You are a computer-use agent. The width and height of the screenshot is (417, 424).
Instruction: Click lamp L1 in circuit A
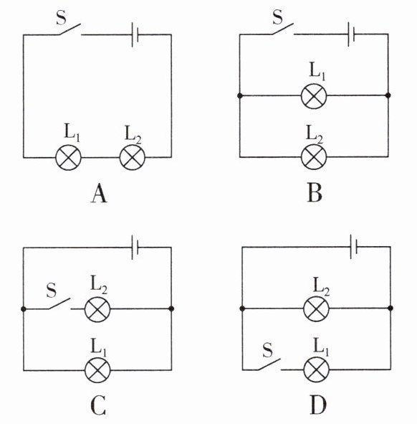68,157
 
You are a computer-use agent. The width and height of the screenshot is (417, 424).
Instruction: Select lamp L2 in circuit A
133,157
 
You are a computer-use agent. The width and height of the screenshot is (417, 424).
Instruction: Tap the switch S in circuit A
69,29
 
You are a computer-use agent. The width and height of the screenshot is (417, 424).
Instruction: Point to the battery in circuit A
135,35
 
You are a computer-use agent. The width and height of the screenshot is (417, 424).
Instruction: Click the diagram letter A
99,193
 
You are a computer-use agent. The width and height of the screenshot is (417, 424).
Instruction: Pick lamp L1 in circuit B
314,95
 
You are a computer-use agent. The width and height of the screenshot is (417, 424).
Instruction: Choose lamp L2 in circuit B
314,157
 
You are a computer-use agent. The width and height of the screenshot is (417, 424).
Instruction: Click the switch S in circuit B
282,29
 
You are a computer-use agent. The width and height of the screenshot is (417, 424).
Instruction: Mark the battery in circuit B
351,34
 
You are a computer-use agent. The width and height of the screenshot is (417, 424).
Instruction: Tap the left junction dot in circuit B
240,95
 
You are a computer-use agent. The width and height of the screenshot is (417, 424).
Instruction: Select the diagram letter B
315,193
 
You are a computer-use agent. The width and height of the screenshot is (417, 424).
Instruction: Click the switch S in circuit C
59,303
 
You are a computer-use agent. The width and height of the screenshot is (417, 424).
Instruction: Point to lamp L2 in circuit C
97,309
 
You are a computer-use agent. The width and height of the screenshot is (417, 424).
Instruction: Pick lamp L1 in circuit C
97,370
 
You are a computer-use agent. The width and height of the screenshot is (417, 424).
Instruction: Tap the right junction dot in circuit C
171,308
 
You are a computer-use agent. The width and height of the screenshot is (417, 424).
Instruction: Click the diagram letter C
98,406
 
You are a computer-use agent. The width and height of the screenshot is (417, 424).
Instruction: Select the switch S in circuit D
269,364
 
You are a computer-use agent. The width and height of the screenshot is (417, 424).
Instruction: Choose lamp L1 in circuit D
316,369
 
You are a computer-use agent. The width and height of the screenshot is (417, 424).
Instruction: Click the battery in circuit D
353,247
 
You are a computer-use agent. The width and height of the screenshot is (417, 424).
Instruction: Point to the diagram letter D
318,405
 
